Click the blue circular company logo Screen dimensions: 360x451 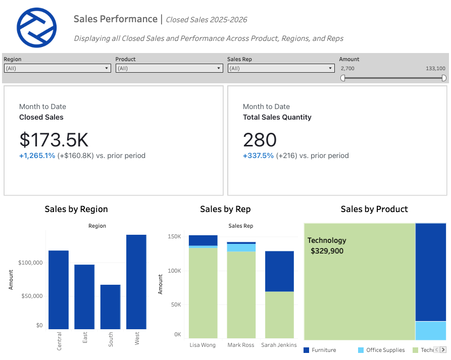point(37,28)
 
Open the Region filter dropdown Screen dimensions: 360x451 point(57,68)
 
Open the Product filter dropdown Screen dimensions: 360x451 point(169,68)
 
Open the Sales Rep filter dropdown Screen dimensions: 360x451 point(281,68)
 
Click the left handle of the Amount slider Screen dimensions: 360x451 point(343,78)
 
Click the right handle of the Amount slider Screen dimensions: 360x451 point(444,78)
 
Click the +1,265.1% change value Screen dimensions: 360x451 point(37,156)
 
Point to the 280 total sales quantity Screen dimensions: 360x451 point(260,139)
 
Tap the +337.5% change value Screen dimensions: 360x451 point(258,156)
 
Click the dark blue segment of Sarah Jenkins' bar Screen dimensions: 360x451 point(279,271)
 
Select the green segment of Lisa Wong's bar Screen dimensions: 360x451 point(203,293)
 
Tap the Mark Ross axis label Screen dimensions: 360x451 point(241,345)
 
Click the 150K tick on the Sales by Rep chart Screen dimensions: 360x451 point(174,236)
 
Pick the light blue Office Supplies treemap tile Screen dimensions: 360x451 point(431,330)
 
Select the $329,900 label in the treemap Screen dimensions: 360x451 point(327,251)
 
